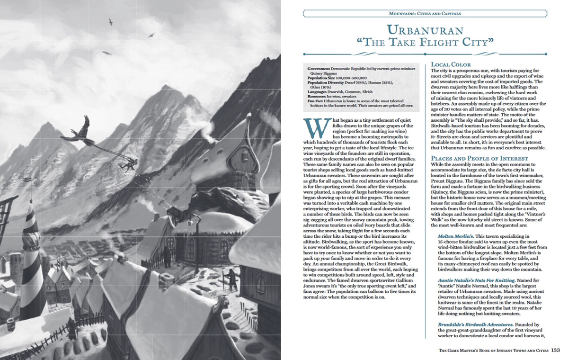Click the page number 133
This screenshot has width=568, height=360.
click(556, 351)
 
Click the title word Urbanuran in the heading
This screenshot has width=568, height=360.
click(424, 31)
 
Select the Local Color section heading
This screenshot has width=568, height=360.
click(451, 64)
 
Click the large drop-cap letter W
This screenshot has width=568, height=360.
click(312, 125)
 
